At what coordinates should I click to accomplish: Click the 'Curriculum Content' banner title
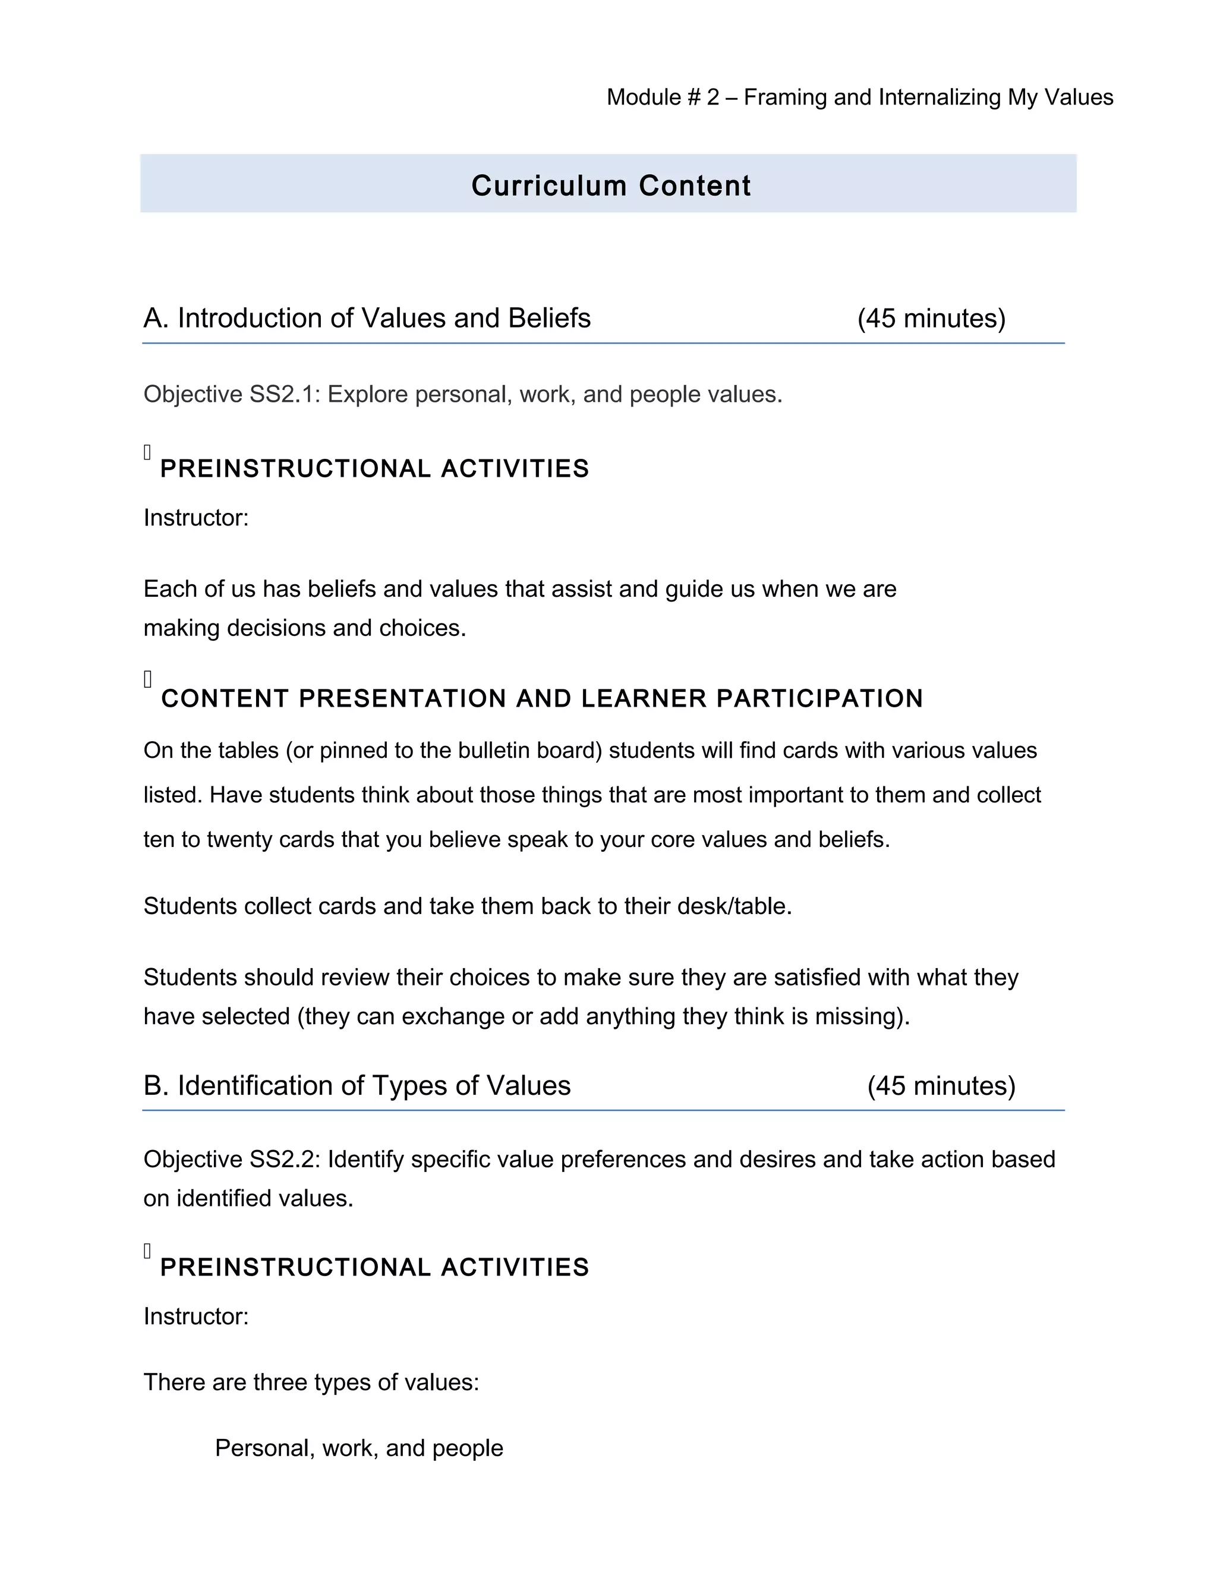[611, 186]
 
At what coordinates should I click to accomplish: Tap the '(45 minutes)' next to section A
[931, 318]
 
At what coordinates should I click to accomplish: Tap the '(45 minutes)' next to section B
[941, 1085]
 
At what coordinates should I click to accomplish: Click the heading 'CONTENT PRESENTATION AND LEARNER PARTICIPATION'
[542, 698]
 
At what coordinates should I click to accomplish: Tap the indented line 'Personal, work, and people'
[359, 1447]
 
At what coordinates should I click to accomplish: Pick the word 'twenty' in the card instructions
[239, 839]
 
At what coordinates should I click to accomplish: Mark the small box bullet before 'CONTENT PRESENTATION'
[148, 679]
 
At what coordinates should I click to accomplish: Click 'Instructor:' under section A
[196, 518]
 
